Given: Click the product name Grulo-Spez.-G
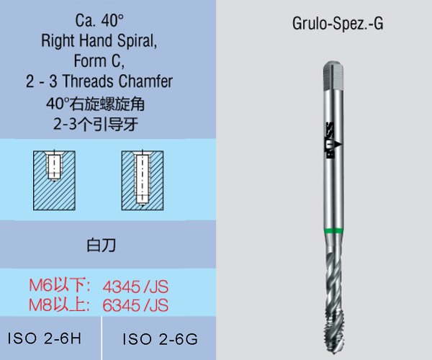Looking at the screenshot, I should coord(338,24).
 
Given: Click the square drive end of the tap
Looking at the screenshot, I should coord(333,73).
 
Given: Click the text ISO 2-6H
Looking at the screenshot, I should coord(44,338).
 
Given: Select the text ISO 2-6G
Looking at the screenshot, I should coord(160,338).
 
